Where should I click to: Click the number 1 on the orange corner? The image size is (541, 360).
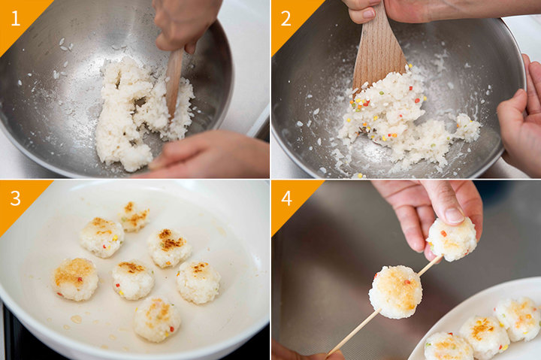[x=15, y=18]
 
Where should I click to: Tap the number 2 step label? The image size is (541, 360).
[x=286, y=18]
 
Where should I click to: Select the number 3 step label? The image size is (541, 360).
[x=15, y=198]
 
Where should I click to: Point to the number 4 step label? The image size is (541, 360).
[x=287, y=198]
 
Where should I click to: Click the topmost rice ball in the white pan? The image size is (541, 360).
[x=134, y=216]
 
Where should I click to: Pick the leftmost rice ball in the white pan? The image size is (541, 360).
[x=75, y=280]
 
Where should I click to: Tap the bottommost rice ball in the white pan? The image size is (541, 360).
[x=157, y=319]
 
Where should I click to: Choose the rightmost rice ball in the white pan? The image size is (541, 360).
[x=198, y=282]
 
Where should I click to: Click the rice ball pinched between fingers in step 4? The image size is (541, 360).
[x=452, y=239]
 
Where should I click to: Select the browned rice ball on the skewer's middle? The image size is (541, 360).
[x=395, y=292]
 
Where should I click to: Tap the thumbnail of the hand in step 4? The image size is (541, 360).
[x=453, y=214]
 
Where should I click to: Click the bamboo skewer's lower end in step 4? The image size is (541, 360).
[x=328, y=355]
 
